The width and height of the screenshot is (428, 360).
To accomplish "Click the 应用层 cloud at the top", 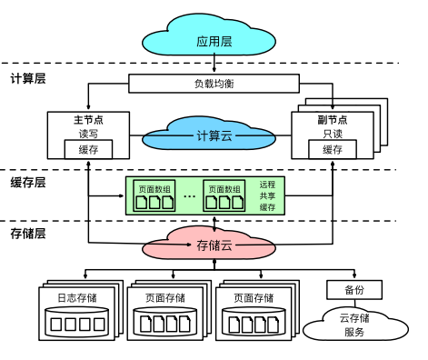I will point(214,40).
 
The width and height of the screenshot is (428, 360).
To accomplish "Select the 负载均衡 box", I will point(214,84).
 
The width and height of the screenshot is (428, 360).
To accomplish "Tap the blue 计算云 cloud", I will point(214,135).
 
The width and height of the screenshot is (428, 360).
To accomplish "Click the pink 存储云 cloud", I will point(214,245).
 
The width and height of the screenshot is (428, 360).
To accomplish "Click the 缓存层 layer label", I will point(28,182).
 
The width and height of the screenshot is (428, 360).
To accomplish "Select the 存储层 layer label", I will point(28,234).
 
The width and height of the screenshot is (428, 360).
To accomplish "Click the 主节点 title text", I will point(88,120).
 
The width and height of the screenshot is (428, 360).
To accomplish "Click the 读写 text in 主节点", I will point(88,135).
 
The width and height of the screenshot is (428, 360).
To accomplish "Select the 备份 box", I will point(353,290).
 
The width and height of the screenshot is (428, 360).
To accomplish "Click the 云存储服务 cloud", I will point(353,324).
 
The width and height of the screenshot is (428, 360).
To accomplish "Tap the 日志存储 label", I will point(76,297).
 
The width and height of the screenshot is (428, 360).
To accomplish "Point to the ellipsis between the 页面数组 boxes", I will point(189,195).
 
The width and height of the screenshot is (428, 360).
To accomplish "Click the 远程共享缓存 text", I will point(267,195).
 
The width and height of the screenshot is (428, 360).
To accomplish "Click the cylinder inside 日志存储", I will point(76,322).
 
